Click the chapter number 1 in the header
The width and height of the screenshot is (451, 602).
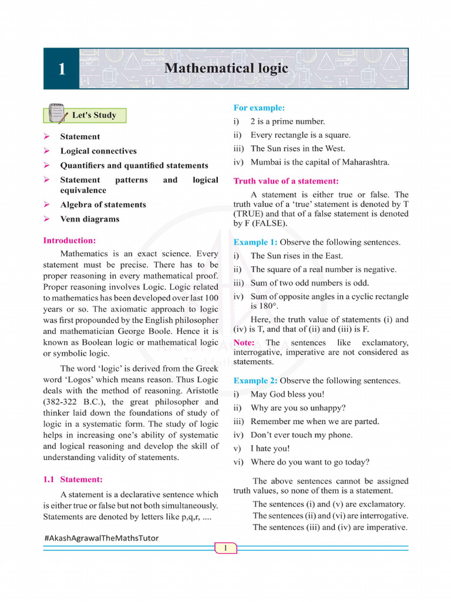(61, 69)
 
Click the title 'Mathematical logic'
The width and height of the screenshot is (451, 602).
(226, 68)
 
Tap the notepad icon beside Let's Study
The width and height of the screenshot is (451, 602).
(57, 114)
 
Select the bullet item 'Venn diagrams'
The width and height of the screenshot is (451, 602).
(89, 219)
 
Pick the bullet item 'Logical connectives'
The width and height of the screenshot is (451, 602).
(98, 151)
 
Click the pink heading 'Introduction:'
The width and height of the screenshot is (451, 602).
(69, 240)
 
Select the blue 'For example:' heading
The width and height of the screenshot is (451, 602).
(259, 108)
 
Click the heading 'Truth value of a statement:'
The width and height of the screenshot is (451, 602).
(286, 181)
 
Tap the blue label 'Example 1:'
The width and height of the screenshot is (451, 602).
(255, 242)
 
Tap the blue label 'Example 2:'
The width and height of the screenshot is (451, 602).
(255, 381)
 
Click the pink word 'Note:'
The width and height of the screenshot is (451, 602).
(244, 343)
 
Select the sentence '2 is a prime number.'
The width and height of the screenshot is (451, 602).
(287, 122)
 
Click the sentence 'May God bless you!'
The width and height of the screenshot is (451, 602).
(287, 394)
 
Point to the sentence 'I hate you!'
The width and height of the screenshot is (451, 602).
(270, 449)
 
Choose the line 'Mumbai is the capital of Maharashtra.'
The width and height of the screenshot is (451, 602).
(319, 162)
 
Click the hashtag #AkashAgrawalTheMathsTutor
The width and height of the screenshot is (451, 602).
(101, 538)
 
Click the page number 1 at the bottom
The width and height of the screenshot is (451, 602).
(225, 549)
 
